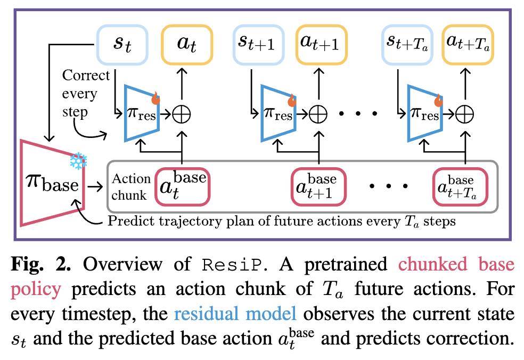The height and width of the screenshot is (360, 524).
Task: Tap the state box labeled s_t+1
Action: coord(257,42)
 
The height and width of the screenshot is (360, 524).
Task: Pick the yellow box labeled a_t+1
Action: coord(319,42)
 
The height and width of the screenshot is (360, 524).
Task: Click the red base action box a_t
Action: coord(182,186)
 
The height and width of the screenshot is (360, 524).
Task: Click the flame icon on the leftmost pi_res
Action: coord(155,98)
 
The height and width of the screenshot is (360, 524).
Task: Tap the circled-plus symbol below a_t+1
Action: coord(318,113)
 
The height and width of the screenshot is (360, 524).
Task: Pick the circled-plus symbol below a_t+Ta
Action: coord(465,113)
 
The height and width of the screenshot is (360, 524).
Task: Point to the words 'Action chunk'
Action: coord(130,187)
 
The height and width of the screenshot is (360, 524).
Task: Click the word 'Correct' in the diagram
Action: coord(86,75)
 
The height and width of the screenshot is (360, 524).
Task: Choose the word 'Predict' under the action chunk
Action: coord(129,221)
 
